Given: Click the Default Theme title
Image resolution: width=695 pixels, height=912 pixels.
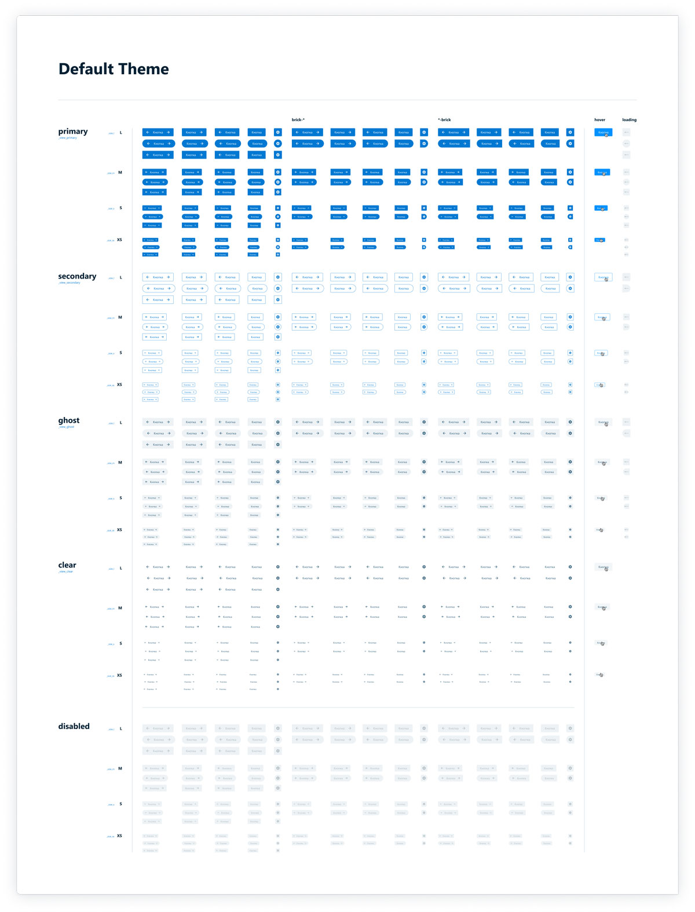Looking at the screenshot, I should tap(114, 69).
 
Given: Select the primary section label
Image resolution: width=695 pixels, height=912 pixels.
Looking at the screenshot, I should tap(73, 131).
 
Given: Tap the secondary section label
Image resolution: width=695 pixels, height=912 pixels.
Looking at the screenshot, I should tap(77, 276).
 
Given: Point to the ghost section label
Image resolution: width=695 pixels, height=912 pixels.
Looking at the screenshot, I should tap(69, 420).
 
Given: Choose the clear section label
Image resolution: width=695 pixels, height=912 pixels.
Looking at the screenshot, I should tap(67, 565).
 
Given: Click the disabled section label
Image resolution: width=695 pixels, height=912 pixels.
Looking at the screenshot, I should tap(74, 726).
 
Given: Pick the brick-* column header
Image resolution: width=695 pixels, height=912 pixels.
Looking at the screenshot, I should tap(298, 120).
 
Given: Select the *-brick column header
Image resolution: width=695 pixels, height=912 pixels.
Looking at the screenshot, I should tap(444, 120).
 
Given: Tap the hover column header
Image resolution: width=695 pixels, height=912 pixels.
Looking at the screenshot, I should tap(599, 120).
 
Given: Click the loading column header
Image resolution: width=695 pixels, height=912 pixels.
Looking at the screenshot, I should tap(629, 120).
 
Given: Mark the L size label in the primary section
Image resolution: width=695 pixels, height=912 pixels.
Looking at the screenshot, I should tap(121, 133).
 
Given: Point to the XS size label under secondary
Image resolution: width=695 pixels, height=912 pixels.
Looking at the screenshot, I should tap(120, 384).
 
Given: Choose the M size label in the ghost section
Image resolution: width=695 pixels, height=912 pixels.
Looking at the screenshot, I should tap(120, 462).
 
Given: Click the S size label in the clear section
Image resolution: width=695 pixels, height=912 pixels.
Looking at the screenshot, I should tap(120, 643).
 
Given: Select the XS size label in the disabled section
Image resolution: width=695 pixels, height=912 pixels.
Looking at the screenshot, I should tap(120, 836).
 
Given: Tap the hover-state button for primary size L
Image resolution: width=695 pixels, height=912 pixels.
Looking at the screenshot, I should tap(603, 133).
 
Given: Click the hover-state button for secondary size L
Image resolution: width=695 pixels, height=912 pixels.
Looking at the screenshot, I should tap(603, 277).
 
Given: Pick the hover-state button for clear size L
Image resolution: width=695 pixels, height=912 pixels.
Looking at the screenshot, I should tap(603, 567).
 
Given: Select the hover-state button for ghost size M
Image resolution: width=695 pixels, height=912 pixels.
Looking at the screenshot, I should tap(602, 462).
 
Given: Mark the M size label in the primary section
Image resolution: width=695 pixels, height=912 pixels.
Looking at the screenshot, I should tap(120, 172).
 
